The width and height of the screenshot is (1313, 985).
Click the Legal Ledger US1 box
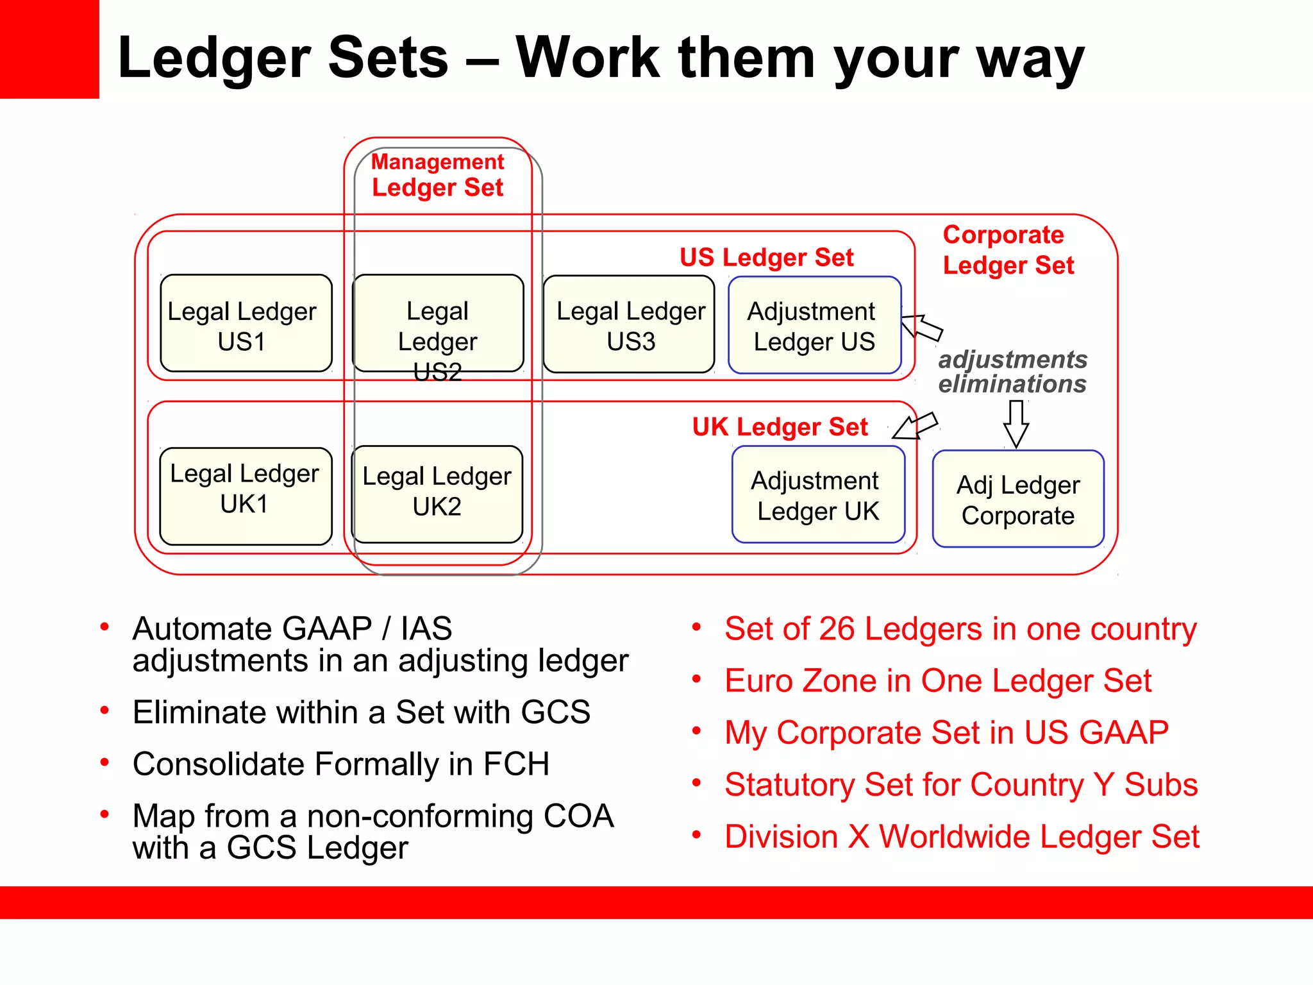point(246,324)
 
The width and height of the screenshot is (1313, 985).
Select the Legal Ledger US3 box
point(628,324)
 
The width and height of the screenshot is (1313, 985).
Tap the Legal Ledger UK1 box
point(246,496)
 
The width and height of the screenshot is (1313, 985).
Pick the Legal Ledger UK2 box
point(437,494)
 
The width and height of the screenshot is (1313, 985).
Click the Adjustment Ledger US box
point(814,325)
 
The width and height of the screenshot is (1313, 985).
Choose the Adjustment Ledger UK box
point(818,494)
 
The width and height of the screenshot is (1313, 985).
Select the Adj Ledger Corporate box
point(1018,499)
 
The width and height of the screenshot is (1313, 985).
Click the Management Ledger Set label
point(438,174)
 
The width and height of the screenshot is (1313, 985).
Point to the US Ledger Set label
point(766,257)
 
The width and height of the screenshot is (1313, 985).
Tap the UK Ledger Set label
point(780,426)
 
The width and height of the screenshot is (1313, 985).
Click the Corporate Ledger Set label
point(1008,250)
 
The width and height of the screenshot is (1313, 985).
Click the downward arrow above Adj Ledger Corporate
point(1016,423)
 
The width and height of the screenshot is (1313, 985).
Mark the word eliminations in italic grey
point(1012,384)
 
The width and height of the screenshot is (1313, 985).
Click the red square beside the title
point(49,49)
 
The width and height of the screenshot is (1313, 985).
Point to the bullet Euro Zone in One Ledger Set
point(938,681)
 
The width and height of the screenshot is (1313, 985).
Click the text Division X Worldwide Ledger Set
point(962,837)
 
